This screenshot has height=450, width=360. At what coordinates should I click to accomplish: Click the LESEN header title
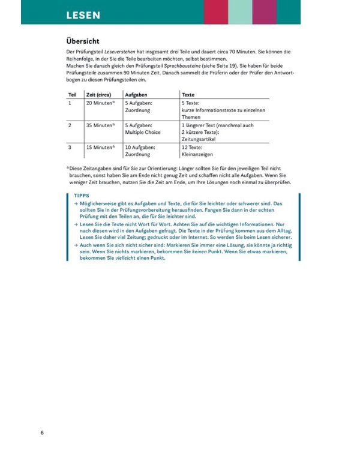[x=83, y=14]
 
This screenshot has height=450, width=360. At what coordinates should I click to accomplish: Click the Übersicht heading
[x=85, y=42]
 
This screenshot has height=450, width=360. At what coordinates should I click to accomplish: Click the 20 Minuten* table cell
[x=101, y=103]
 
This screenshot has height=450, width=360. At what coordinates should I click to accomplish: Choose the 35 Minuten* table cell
[x=101, y=125]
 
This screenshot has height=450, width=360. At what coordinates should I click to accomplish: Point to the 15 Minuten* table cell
[x=101, y=147]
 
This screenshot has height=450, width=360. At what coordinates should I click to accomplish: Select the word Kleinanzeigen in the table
[x=197, y=154]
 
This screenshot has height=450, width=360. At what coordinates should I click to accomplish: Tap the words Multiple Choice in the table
[x=143, y=133]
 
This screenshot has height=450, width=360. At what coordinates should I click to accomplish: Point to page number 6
[x=42, y=433]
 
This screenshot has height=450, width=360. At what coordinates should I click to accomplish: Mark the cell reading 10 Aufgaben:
[x=140, y=147]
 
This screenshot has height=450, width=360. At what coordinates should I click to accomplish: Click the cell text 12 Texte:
[x=193, y=147]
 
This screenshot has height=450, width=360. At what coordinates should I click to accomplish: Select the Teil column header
[x=72, y=95]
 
